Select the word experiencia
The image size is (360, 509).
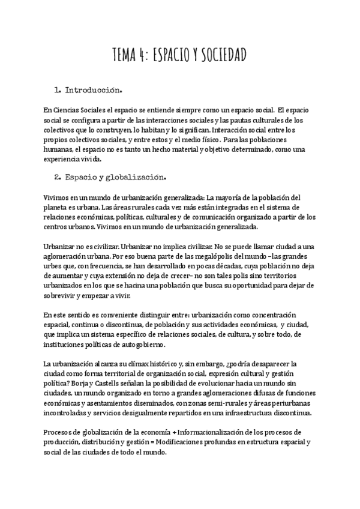coord(63,159)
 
